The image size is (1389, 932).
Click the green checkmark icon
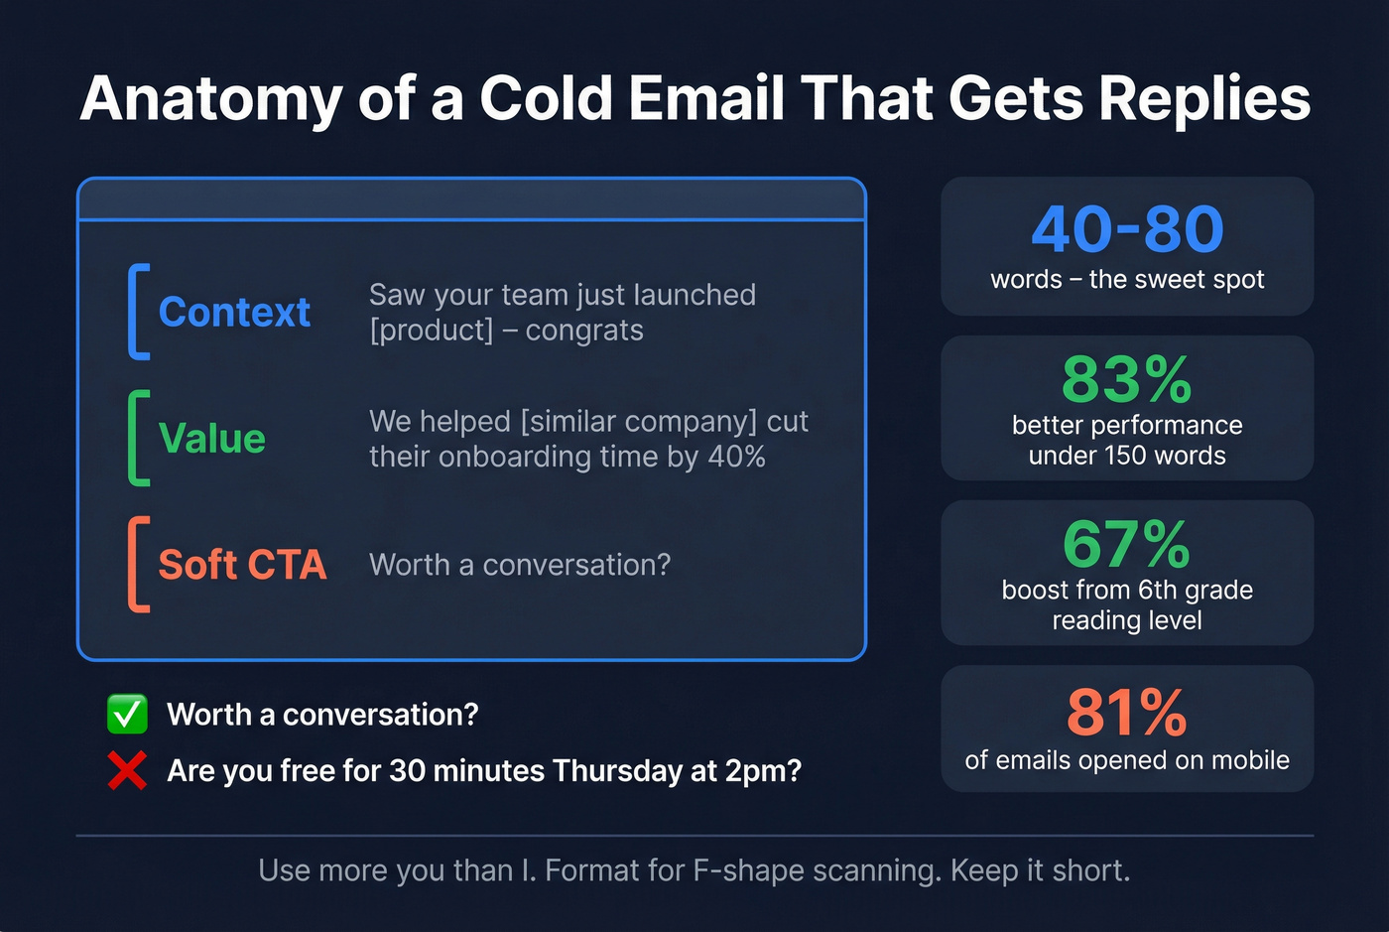(127, 714)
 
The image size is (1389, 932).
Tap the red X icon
(127, 770)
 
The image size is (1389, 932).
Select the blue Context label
(234, 312)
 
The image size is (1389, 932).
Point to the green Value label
(211, 438)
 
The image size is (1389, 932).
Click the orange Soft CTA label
(242, 565)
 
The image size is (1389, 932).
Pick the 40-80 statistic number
(1127, 229)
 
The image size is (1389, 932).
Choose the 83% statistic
(1127, 379)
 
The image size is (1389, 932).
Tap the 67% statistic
(1127, 544)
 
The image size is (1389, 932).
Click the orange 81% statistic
(1127, 713)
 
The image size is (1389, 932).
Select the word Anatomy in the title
(211, 99)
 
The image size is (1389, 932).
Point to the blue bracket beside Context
(137, 311)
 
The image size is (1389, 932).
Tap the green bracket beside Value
(137, 438)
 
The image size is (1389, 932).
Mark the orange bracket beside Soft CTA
(137, 564)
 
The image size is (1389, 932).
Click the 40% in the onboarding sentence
(736, 457)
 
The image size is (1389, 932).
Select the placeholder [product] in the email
(431, 331)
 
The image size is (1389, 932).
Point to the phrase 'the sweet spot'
(1176, 280)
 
